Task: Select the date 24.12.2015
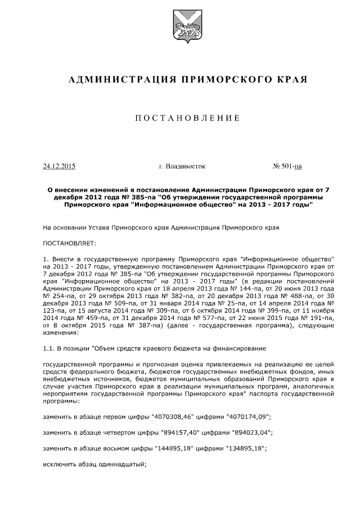tap(59, 166)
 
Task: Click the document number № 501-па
tap(287, 166)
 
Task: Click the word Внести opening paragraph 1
tap(62, 256)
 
